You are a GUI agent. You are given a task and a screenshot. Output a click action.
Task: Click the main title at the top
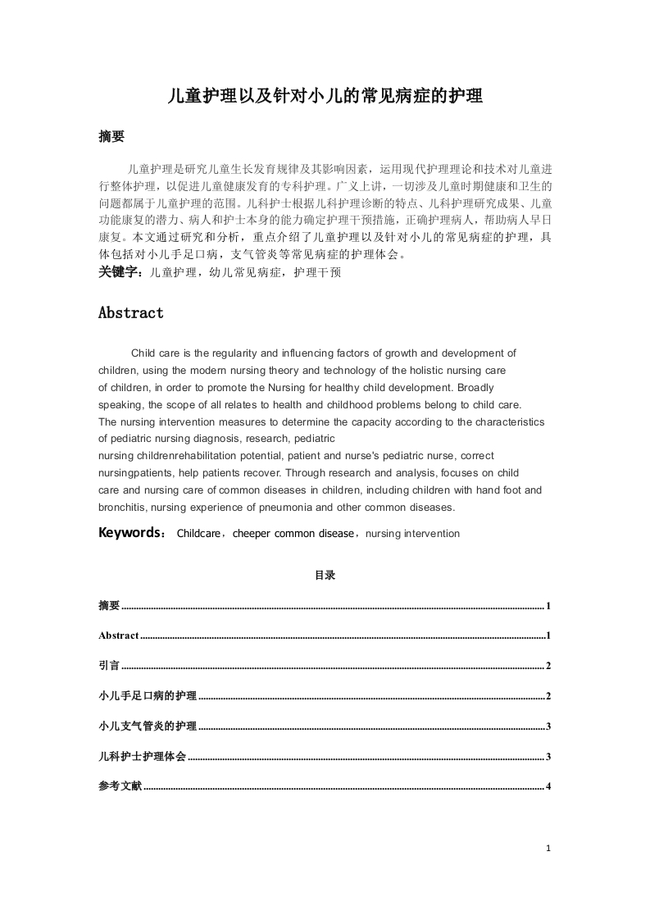click(325, 97)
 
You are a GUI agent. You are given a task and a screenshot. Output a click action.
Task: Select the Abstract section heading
click(130, 312)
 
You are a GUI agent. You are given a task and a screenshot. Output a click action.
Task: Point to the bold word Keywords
click(130, 533)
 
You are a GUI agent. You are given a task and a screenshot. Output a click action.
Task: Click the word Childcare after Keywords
click(198, 534)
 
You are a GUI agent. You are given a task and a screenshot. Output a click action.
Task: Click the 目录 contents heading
click(325, 576)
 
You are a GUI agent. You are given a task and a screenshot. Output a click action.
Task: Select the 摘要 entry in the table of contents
click(109, 606)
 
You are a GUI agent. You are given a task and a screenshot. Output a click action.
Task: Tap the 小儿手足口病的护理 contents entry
click(148, 696)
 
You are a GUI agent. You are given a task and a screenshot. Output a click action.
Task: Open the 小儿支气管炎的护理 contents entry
click(148, 726)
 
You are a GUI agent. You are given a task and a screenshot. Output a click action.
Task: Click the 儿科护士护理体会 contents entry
click(142, 756)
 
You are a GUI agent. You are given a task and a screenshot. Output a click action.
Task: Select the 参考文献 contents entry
click(120, 786)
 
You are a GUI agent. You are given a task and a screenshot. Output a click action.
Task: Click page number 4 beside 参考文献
click(548, 787)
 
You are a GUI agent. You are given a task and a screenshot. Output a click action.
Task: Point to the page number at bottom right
click(548, 849)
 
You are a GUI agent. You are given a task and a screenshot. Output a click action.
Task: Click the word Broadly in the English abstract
click(475, 387)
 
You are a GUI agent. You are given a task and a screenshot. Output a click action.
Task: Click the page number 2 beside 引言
click(548, 667)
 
